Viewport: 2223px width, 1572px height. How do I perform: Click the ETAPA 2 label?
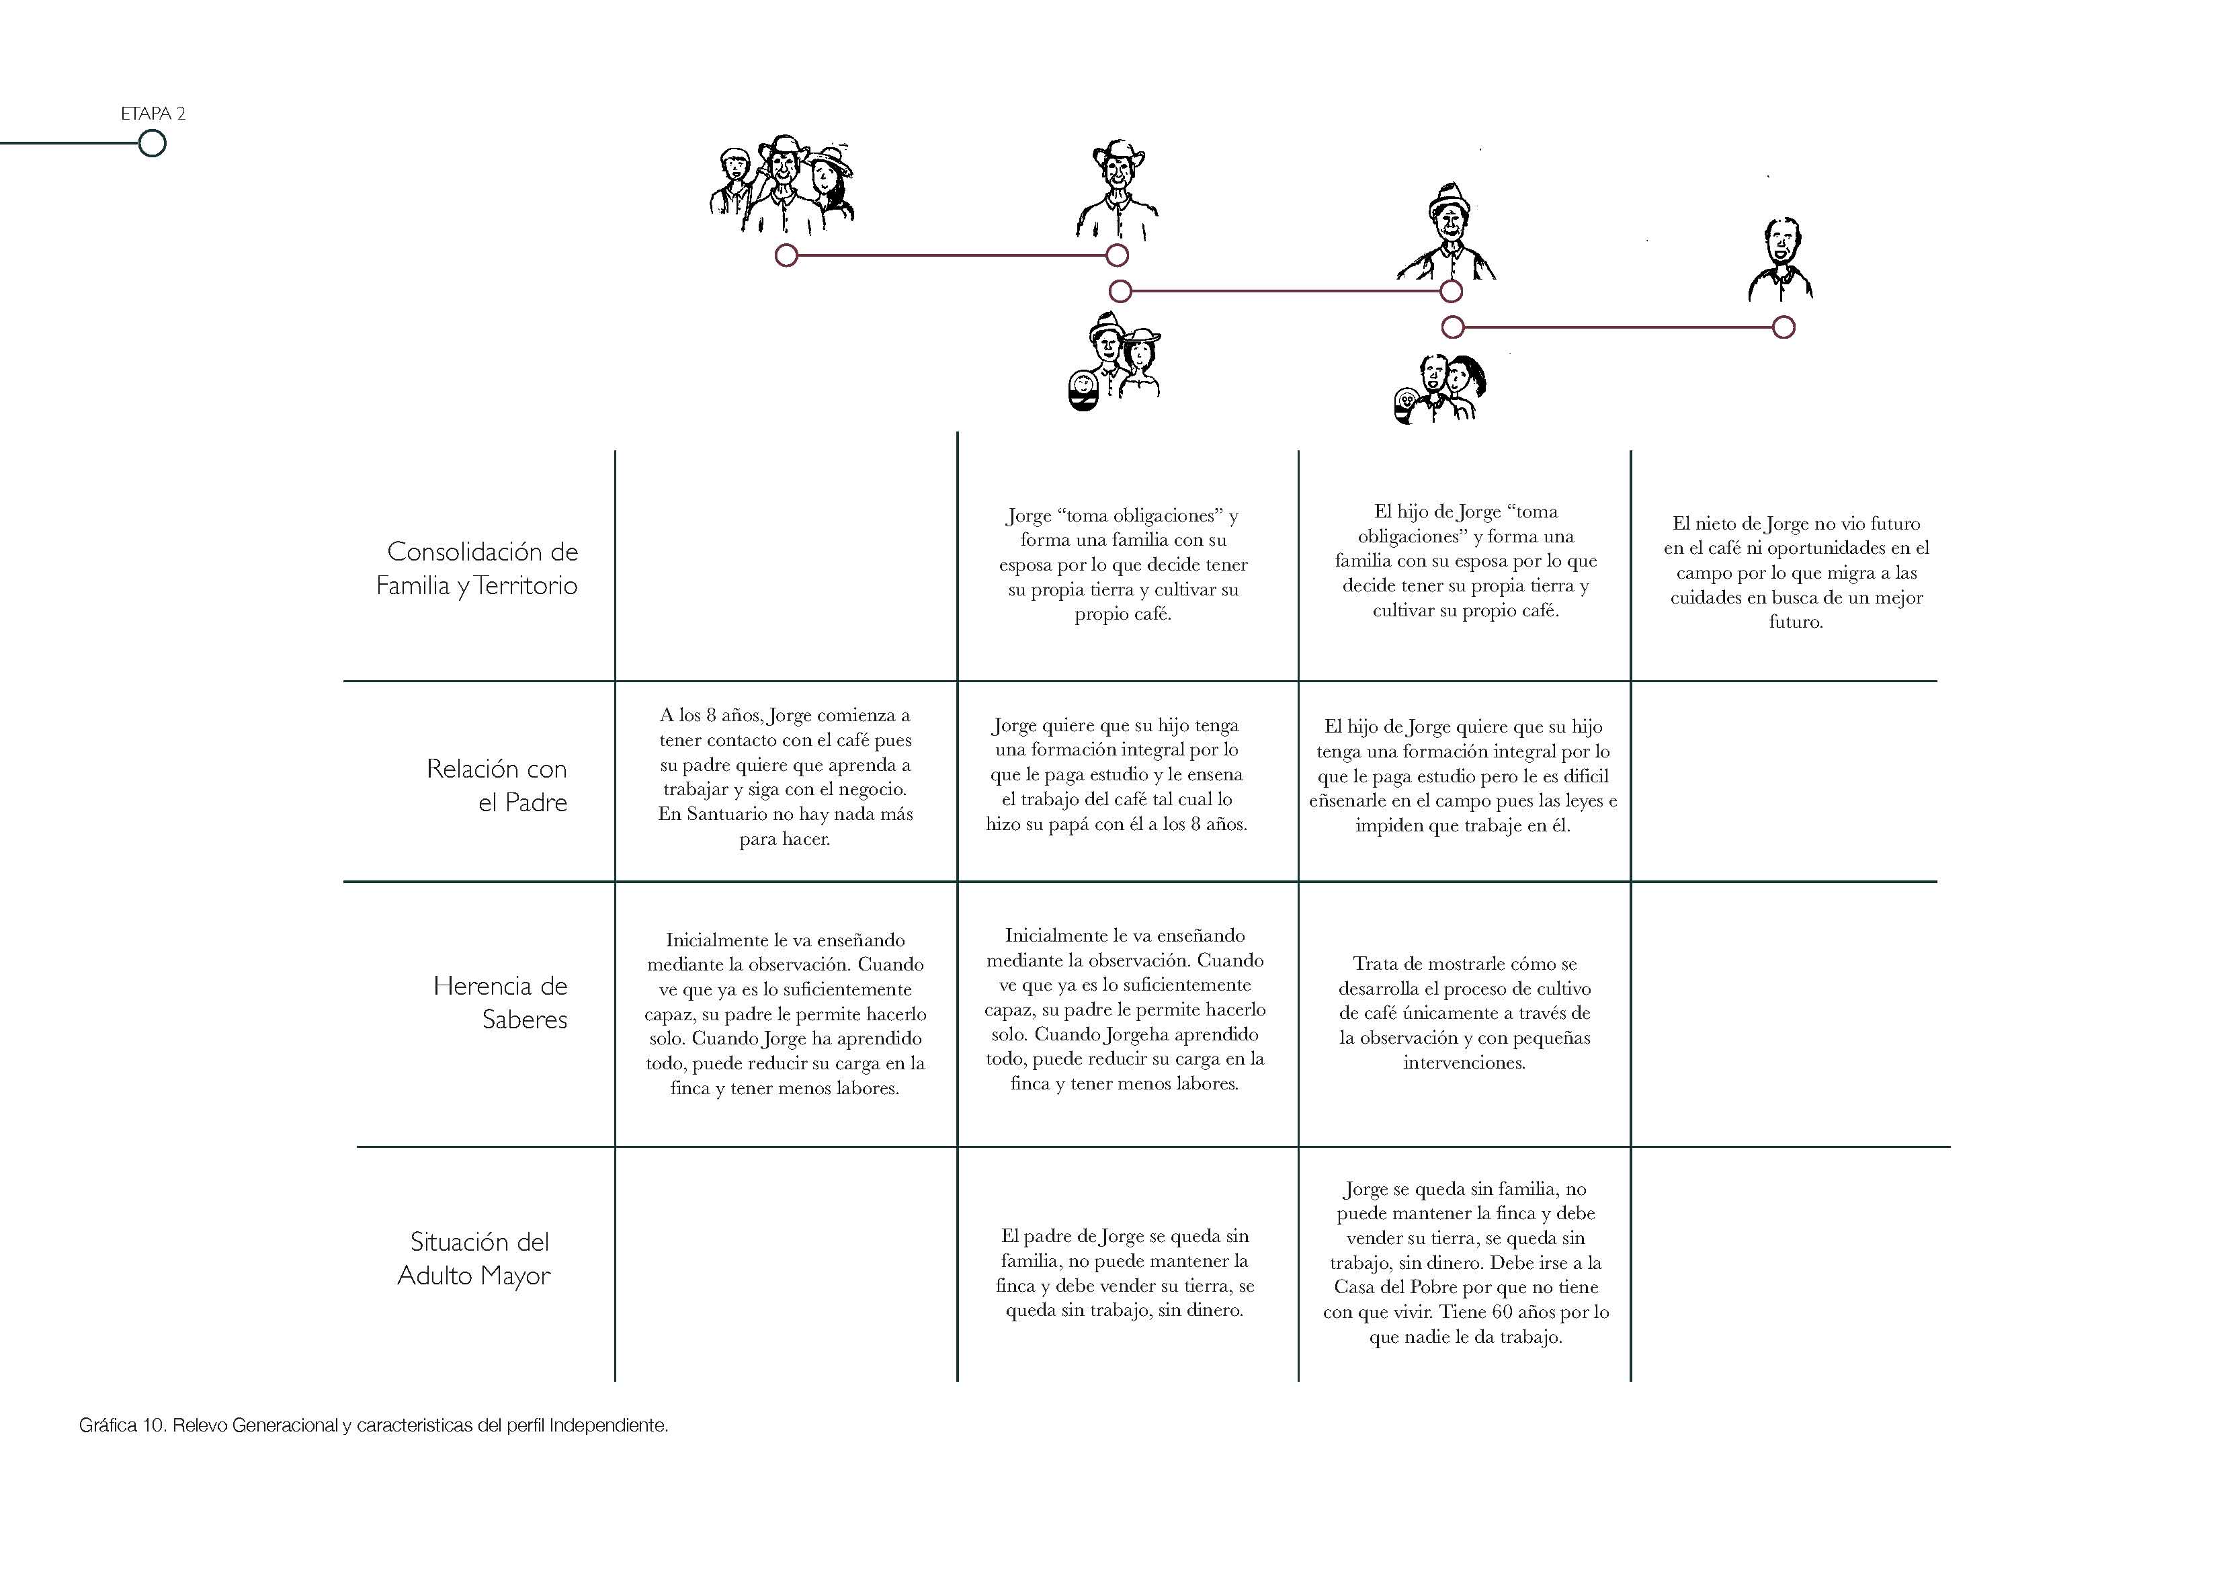click(x=153, y=114)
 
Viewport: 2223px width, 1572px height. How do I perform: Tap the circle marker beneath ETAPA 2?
click(x=152, y=143)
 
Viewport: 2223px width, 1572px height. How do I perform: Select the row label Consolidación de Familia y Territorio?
click(x=477, y=569)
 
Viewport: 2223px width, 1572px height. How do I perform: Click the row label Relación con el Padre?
click(x=497, y=786)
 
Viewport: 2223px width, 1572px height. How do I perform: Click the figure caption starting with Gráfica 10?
click(x=374, y=1425)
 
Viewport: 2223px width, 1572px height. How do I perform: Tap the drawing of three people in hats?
click(x=782, y=189)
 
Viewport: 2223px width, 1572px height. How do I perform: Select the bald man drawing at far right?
click(x=1781, y=259)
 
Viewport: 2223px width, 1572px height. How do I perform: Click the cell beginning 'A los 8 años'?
click(x=785, y=777)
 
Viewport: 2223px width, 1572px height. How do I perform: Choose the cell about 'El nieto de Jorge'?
click(x=1796, y=573)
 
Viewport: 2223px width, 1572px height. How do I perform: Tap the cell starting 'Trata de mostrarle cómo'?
click(x=1464, y=1013)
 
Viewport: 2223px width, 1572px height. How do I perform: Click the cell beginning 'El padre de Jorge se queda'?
click(x=1124, y=1273)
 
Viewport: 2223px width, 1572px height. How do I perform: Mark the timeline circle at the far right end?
click(x=1784, y=327)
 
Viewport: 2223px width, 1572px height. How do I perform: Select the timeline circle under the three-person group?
click(x=786, y=255)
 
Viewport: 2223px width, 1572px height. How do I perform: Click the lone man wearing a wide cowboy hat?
click(x=1118, y=189)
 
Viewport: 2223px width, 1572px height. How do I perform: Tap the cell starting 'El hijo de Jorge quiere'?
click(x=1463, y=776)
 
